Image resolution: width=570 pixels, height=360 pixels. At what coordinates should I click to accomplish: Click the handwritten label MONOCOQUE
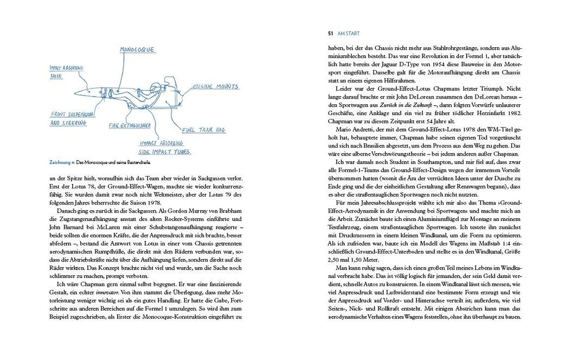[137, 50]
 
